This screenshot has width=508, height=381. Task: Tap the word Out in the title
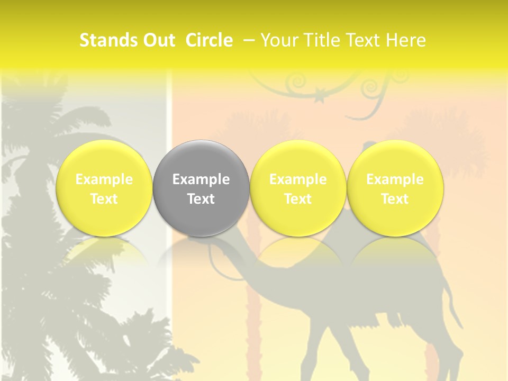click(x=158, y=40)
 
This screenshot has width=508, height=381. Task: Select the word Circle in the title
click(x=209, y=40)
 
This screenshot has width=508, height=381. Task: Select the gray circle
click(x=201, y=188)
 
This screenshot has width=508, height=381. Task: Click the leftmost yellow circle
click(x=104, y=188)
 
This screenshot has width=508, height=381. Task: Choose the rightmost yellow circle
click(x=395, y=188)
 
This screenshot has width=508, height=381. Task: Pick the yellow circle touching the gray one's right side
click(x=298, y=188)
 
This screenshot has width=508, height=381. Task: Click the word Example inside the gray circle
click(x=201, y=179)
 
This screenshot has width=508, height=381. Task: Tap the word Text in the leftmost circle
click(x=104, y=199)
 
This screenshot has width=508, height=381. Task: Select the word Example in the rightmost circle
click(x=395, y=179)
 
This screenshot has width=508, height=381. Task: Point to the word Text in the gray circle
click(x=201, y=199)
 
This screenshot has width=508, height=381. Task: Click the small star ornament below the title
click(x=320, y=97)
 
